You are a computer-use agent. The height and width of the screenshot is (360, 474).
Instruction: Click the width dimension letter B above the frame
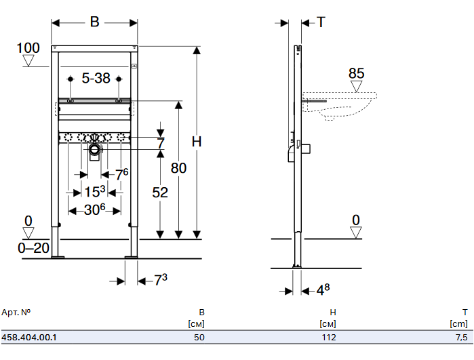(x=95, y=22)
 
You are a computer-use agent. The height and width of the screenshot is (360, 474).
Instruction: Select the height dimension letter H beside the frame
(x=197, y=142)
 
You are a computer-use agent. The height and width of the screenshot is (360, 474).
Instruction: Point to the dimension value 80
(x=178, y=169)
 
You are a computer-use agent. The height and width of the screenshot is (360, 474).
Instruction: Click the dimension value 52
(x=159, y=193)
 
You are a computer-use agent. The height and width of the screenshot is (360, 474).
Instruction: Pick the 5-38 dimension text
(x=96, y=79)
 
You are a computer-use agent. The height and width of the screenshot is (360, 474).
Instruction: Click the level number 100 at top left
(x=28, y=48)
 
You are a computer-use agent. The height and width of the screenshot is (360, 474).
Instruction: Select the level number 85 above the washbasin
(x=357, y=73)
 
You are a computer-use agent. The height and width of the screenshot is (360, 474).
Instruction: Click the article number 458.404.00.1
(x=29, y=336)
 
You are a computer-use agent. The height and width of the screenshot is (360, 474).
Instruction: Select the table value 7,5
(x=460, y=336)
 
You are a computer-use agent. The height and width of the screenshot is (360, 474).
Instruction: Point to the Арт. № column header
(x=16, y=313)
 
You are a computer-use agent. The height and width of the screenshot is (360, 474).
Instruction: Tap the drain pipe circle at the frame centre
(x=95, y=148)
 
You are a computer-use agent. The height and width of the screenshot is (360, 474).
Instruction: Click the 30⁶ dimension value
(x=94, y=210)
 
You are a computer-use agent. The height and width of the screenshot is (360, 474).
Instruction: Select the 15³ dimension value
(x=95, y=192)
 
